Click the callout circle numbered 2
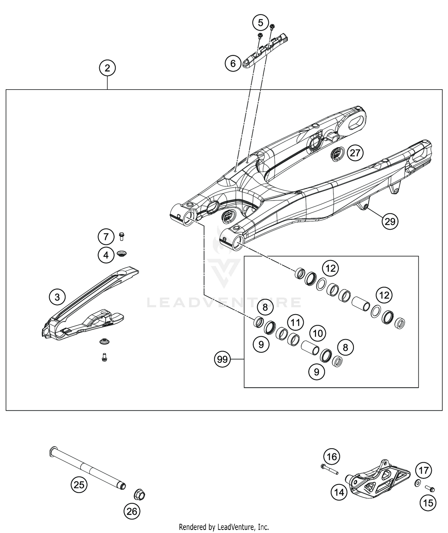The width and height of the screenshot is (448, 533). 107,68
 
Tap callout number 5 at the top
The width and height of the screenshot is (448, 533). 260,23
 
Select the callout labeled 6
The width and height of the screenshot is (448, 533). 233,63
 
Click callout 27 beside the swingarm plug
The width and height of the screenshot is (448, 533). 355,153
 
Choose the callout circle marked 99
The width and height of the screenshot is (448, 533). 223,359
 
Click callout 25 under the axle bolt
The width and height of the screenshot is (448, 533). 79,485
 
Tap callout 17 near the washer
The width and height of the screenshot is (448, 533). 424,471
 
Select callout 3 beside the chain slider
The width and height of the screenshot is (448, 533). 57,297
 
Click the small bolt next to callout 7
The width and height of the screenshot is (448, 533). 122,237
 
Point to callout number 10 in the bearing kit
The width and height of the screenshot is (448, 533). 318,333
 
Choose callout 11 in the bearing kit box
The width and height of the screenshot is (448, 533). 295,322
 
